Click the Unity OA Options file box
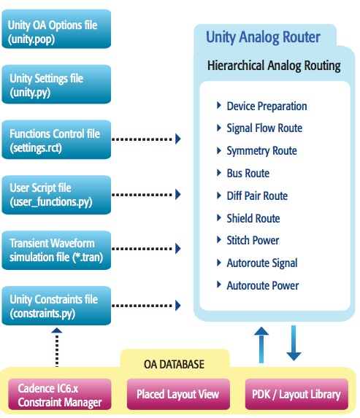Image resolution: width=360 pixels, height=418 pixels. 56,29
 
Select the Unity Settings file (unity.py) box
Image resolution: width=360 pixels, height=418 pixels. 56,84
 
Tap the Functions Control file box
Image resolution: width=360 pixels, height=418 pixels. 56,139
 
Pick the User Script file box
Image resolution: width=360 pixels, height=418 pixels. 56,195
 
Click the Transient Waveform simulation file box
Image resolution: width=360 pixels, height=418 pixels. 56,250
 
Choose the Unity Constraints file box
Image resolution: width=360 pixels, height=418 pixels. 56,306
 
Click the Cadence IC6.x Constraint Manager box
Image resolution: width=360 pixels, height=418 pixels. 60,394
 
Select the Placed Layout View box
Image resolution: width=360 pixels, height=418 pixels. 178,394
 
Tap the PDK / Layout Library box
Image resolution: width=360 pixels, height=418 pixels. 296,394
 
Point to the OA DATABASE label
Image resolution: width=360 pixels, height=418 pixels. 174,364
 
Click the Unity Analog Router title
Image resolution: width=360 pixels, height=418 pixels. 263,36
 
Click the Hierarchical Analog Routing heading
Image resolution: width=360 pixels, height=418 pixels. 274,66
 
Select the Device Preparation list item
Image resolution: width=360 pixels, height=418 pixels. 267,106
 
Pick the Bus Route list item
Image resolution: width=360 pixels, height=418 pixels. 248,174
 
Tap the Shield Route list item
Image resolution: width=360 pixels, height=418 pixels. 253,218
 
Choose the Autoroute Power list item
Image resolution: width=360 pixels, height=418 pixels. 263,285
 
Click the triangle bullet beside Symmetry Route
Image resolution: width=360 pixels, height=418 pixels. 219,150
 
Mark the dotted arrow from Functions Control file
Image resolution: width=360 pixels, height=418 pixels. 146,139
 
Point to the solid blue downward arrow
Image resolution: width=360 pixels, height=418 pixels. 294,343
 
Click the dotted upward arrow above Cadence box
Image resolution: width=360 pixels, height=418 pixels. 57,347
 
